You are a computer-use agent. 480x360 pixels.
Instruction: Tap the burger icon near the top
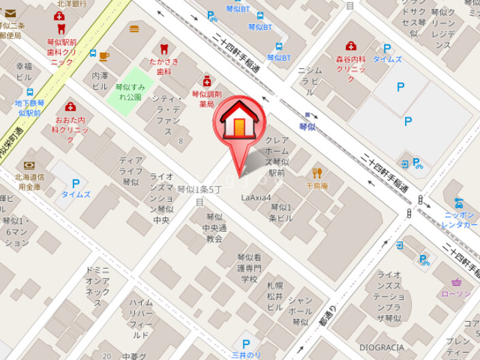(x=134, y=28)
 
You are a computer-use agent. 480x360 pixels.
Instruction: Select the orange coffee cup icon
(x=104, y=56)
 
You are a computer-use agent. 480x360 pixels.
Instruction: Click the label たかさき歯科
(x=164, y=66)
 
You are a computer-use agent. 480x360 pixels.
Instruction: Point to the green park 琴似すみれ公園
(x=129, y=91)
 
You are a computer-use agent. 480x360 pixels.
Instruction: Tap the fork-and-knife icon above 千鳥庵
(x=317, y=172)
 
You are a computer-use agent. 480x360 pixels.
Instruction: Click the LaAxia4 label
(x=256, y=198)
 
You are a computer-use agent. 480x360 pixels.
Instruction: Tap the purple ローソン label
(x=456, y=294)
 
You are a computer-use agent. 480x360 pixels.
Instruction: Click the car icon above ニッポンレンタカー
(x=459, y=202)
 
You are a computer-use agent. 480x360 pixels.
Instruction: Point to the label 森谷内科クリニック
(x=350, y=64)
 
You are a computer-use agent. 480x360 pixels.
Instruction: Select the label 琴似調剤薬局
(x=207, y=100)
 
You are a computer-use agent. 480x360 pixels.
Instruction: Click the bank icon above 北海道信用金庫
(x=29, y=166)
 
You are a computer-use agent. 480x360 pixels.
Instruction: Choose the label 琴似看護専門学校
(x=250, y=268)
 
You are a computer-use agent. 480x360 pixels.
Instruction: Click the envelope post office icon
(x=10, y=13)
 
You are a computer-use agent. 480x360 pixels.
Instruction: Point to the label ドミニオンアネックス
(x=97, y=286)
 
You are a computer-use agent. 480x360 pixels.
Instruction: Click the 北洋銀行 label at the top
(x=71, y=3)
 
